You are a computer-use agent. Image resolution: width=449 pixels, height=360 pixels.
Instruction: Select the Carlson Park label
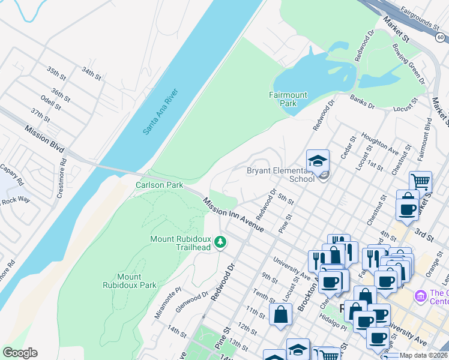point(159,185)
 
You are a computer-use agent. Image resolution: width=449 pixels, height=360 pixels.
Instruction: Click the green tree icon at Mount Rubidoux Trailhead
point(221,242)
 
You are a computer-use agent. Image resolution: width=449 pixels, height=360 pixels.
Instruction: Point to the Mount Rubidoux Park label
point(129,281)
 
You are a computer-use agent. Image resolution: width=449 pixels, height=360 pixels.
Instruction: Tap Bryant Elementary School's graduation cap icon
point(318,160)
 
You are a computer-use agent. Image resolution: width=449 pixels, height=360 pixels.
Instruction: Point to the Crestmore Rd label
point(62,170)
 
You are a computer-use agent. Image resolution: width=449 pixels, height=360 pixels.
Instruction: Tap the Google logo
point(20,353)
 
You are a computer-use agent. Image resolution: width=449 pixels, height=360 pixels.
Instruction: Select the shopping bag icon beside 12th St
point(281,314)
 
